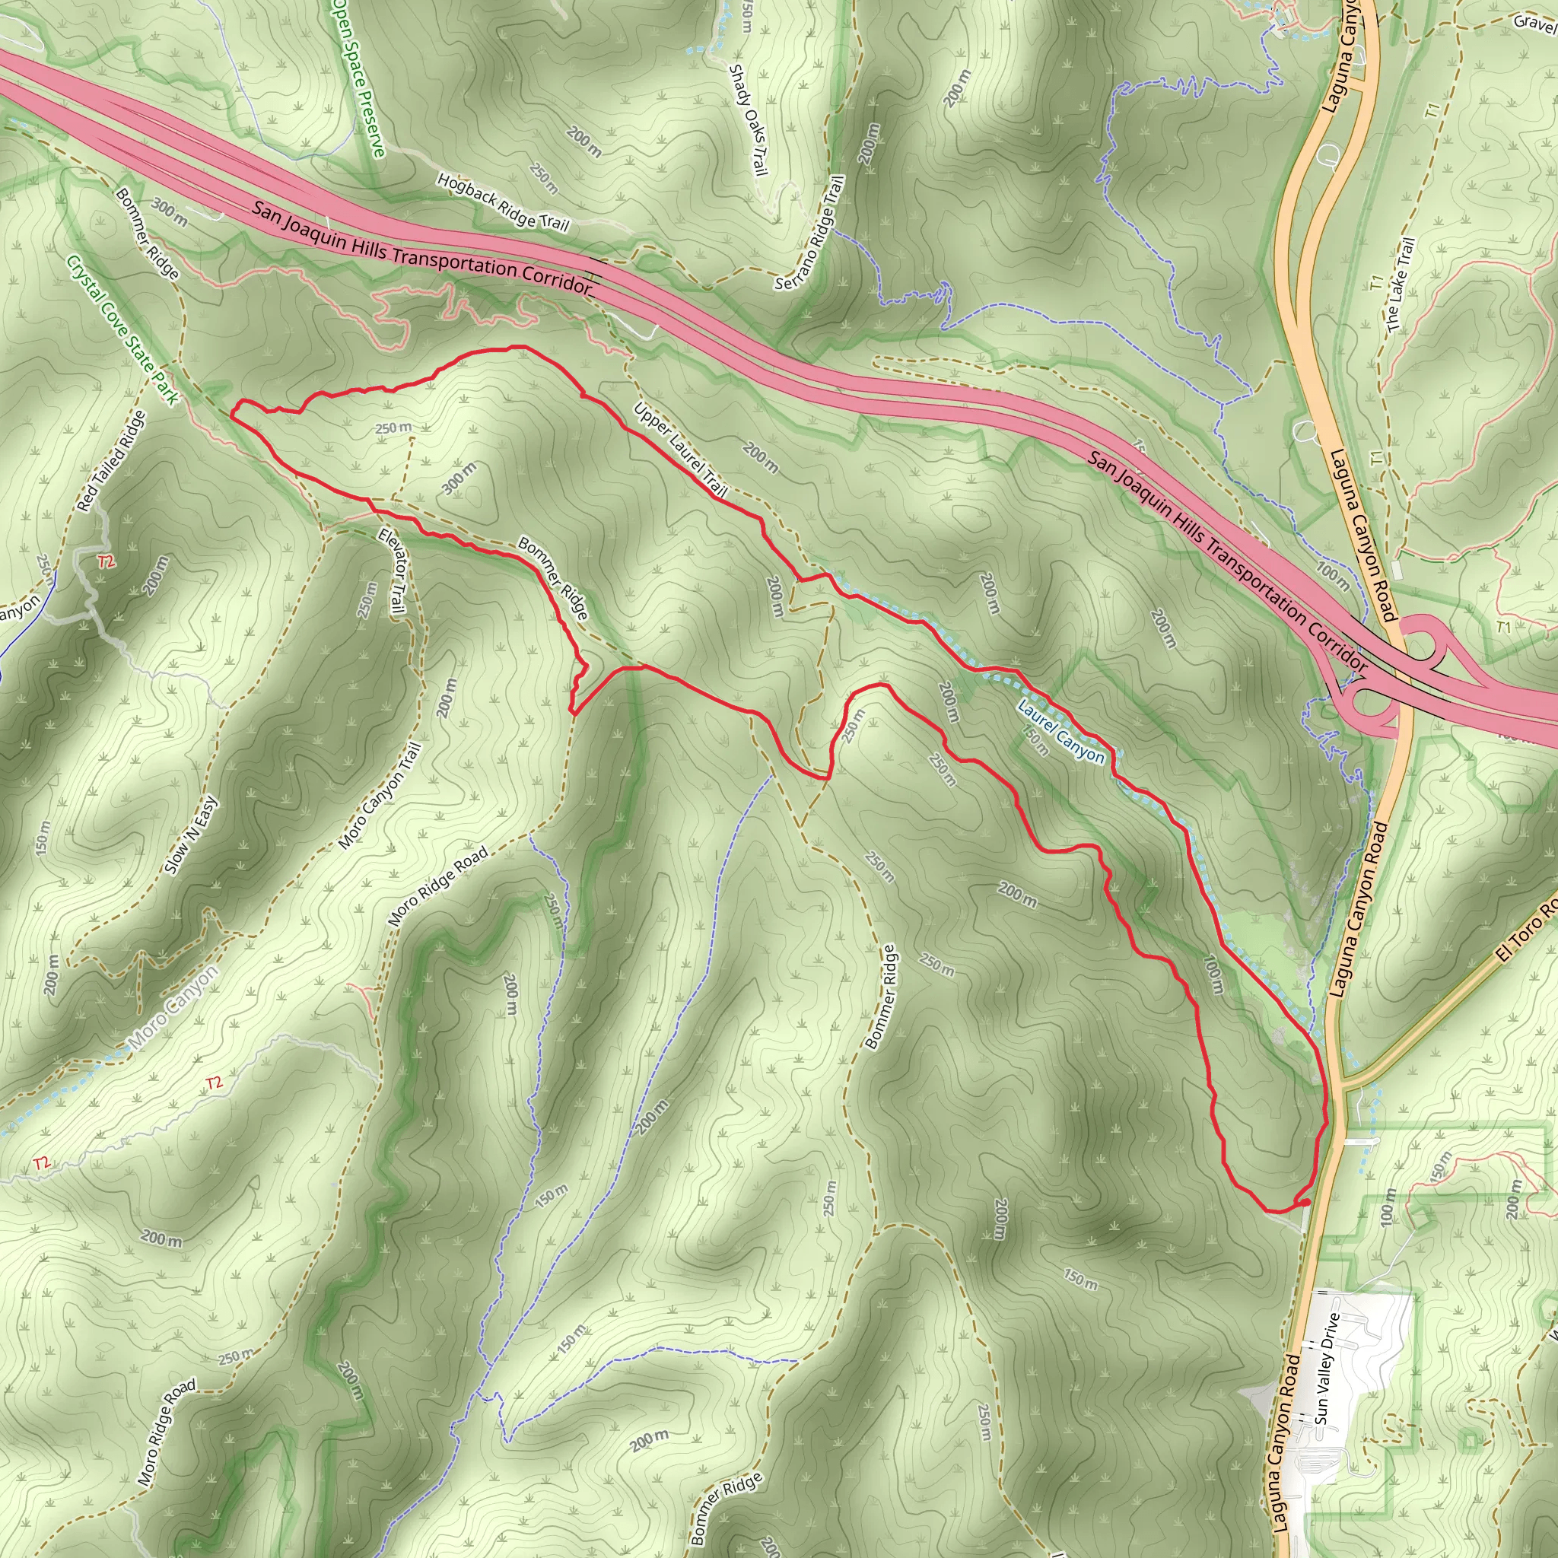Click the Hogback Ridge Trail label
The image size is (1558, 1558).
pyautogui.click(x=503, y=202)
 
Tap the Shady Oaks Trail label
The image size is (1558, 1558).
pyautogui.click(x=748, y=120)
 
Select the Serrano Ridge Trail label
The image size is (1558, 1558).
pyautogui.click(x=810, y=234)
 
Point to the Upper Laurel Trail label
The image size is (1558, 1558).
pyautogui.click(x=681, y=449)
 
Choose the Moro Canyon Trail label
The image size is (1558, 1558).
pyautogui.click(x=379, y=796)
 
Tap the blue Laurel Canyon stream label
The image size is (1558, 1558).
pyautogui.click(x=1060, y=731)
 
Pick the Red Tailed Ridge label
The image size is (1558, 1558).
pyautogui.click(x=112, y=461)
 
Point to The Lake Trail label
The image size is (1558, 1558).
pyautogui.click(x=1401, y=284)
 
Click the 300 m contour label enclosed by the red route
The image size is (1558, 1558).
pyautogui.click(x=459, y=479)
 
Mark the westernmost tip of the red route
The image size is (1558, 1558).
pyautogui.click(x=231, y=415)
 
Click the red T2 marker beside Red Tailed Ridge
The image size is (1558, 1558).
pyautogui.click(x=106, y=562)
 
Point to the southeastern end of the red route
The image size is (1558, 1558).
pyautogui.click(x=1305, y=1201)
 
